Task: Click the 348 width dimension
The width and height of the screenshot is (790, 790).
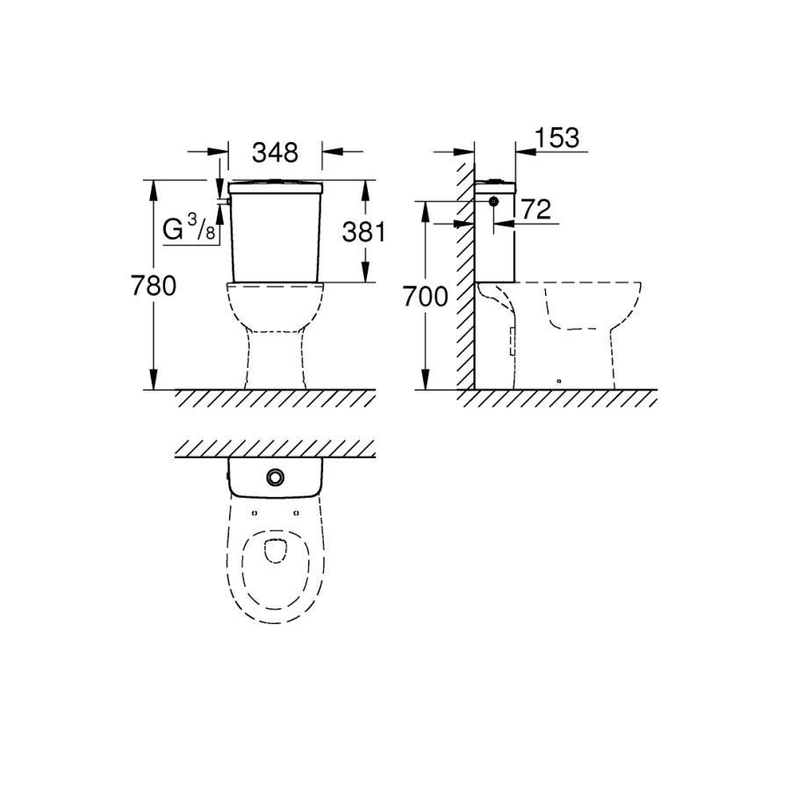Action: pos(275,153)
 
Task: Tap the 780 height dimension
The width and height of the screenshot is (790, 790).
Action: pos(154,285)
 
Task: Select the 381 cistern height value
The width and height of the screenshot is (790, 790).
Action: pos(363,232)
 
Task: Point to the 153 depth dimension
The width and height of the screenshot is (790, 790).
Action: pos(557,138)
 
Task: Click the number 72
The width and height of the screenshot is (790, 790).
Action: pos(536,210)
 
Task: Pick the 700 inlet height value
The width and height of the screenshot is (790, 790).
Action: pos(425,297)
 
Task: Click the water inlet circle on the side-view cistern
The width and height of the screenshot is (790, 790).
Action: pos(493,202)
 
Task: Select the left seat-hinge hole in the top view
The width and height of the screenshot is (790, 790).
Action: pos(254,513)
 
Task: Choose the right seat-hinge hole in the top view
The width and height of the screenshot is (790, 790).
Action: pos(297,513)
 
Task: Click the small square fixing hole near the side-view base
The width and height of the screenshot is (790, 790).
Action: pos(559,381)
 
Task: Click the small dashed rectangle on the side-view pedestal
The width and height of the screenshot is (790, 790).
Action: pos(513,341)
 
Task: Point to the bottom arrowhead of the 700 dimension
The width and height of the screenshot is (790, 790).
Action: pos(426,379)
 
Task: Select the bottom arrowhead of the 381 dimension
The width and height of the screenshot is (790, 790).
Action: pos(366,271)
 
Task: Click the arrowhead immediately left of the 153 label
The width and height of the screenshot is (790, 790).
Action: pos(525,151)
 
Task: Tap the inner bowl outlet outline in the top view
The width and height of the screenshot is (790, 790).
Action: pos(275,551)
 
